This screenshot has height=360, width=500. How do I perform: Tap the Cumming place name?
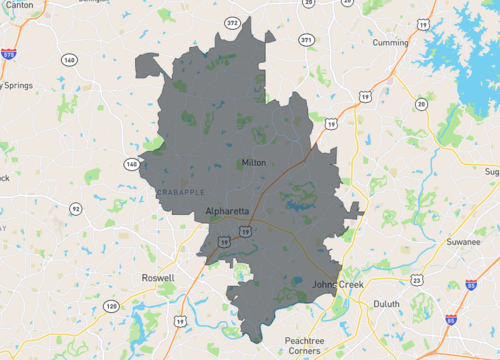[x=390, y=43]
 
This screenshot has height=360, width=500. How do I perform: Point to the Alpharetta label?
[x=226, y=211]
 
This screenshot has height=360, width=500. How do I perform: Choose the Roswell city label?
[x=158, y=278]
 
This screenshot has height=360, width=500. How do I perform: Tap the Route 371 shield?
[x=306, y=41]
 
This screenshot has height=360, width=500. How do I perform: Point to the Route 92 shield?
[x=77, y=209]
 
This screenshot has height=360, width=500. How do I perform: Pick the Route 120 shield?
[x=110, y=306]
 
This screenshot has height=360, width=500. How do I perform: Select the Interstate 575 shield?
[x=8, y=56]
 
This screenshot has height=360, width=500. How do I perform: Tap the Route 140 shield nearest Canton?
[x=68, y=59]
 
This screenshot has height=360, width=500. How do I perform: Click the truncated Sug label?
[x=491, y=172]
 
